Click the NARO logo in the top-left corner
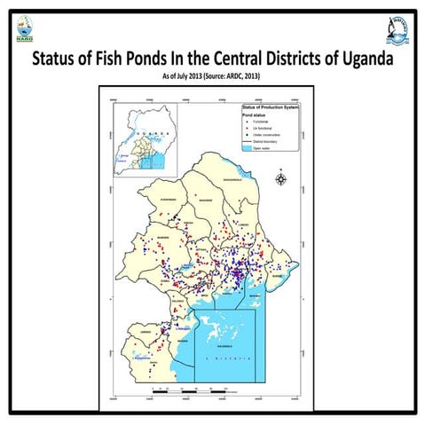click(24, 33)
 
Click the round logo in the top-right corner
click(399, 32)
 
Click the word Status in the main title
click(59, 61)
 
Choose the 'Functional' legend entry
click(260, 122)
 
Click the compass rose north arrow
click(281, 179)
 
